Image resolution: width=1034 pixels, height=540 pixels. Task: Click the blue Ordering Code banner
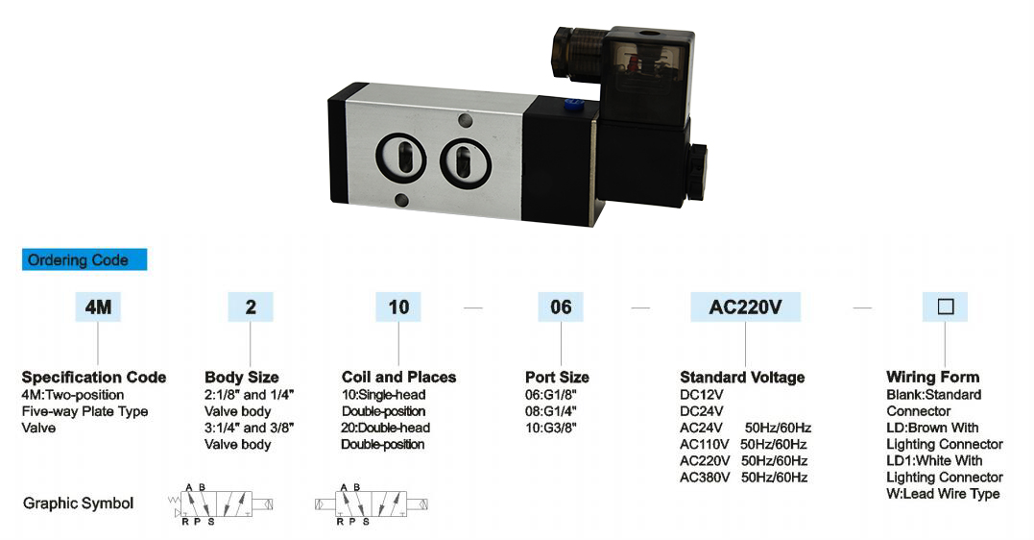click(x=84, y=259)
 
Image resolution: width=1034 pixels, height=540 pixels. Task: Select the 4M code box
click(x=98, y=307)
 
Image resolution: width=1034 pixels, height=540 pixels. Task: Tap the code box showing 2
click(x=251, y=307)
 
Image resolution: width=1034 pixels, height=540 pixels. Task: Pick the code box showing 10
click(x=398, y=307)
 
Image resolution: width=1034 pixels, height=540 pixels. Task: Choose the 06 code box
click(x=561, y=307)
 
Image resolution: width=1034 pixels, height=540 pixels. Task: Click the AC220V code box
click(x=746, y=307)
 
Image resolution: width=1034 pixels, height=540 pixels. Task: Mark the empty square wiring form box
click(x=945, y=307)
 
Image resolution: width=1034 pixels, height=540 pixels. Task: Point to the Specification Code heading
click(x=94, y=377)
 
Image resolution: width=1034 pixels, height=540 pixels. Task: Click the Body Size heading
click(x=242, y=377)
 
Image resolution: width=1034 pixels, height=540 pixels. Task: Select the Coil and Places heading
click(x=398, y=377)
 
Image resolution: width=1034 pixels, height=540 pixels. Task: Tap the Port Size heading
click(x=557, y=377)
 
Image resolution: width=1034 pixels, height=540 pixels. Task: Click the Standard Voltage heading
click(x=742, y=377)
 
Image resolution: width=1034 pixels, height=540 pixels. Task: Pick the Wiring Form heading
click(x=932, y=377)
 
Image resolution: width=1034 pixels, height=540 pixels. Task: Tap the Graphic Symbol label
click(x=78, y=503)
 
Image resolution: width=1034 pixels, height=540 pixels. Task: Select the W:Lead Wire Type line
click(x=943, y=494)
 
